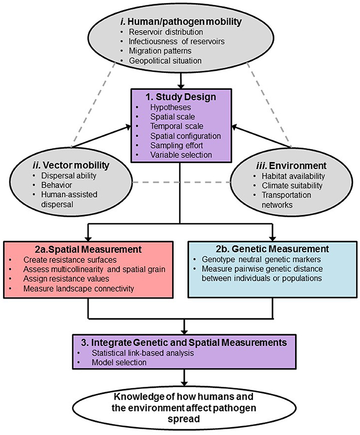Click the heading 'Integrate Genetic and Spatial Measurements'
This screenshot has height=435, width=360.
click(187, 343)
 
